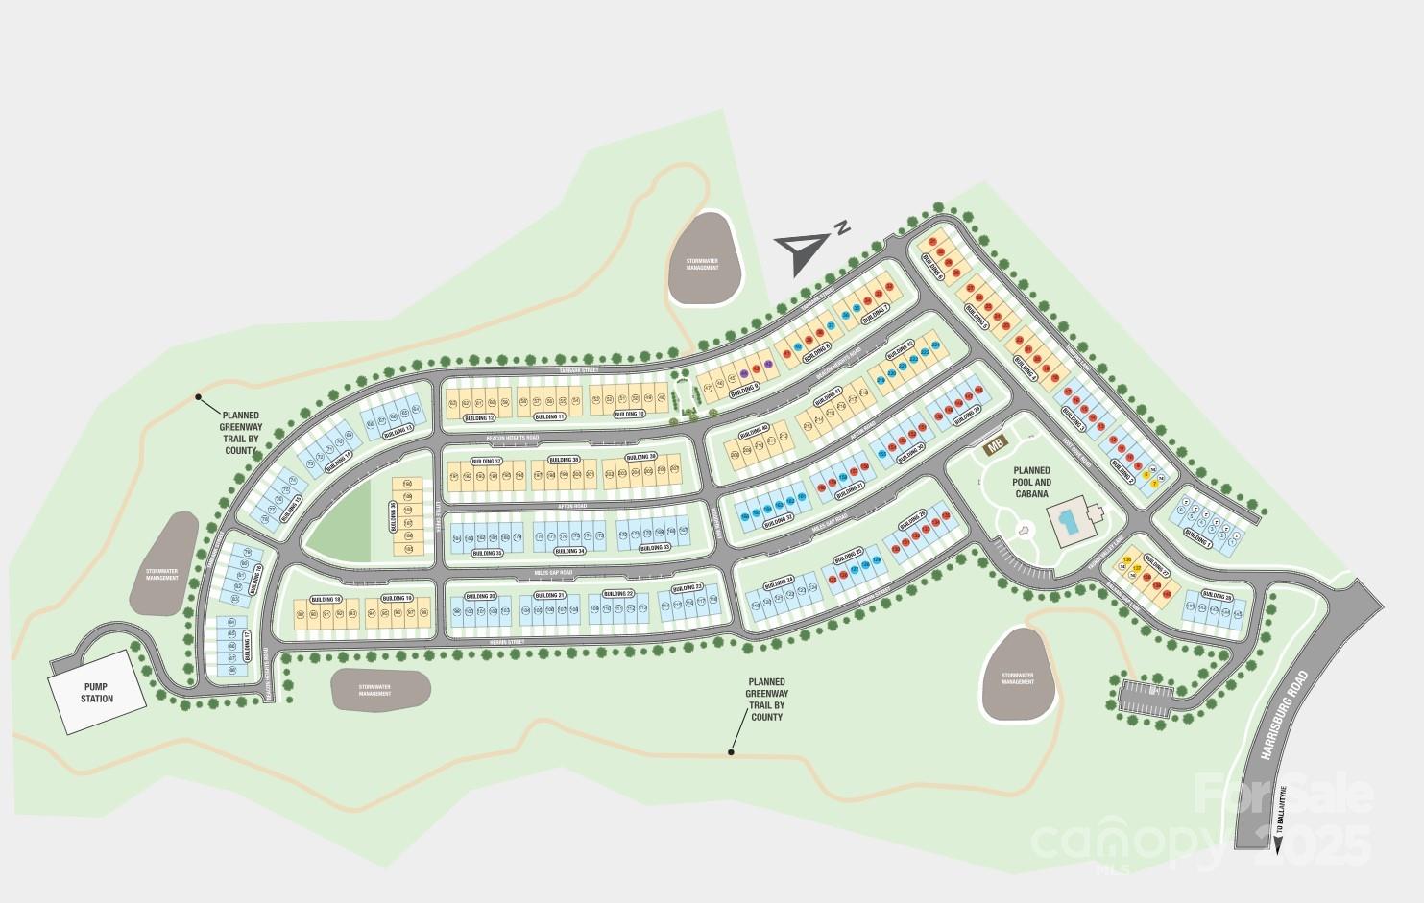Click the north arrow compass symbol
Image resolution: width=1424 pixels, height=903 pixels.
pos(805,248)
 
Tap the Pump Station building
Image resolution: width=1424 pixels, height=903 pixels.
pos(98,692)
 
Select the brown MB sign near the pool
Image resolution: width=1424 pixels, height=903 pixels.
pos(996,443)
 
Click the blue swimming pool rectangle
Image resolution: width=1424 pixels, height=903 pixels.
pos(1068,523)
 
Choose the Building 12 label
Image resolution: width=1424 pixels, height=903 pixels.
pos(478,418)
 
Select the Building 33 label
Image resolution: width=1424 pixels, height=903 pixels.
pos(654,548)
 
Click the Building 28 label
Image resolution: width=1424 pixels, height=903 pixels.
pos(1220,597)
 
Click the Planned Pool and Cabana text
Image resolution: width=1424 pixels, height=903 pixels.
pos(1031,477)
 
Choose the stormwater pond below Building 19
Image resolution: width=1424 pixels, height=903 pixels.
pos(380,689)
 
